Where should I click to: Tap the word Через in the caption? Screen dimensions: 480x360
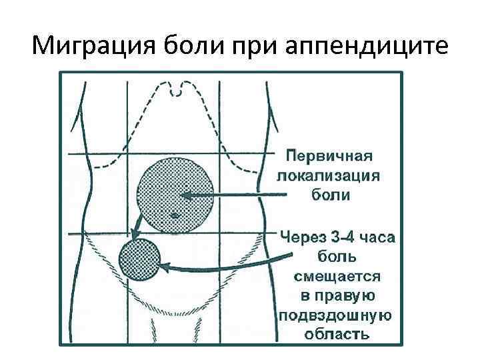point(301,237)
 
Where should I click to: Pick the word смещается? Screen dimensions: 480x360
point(337,276)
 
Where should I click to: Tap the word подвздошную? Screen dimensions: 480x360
point(336,315)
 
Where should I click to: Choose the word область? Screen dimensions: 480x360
point(337,333)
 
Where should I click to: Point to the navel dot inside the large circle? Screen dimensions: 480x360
point(174,215)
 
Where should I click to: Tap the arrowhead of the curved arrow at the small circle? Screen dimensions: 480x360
point(162,266)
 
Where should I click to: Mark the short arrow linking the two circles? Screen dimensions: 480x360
point(137,227)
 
